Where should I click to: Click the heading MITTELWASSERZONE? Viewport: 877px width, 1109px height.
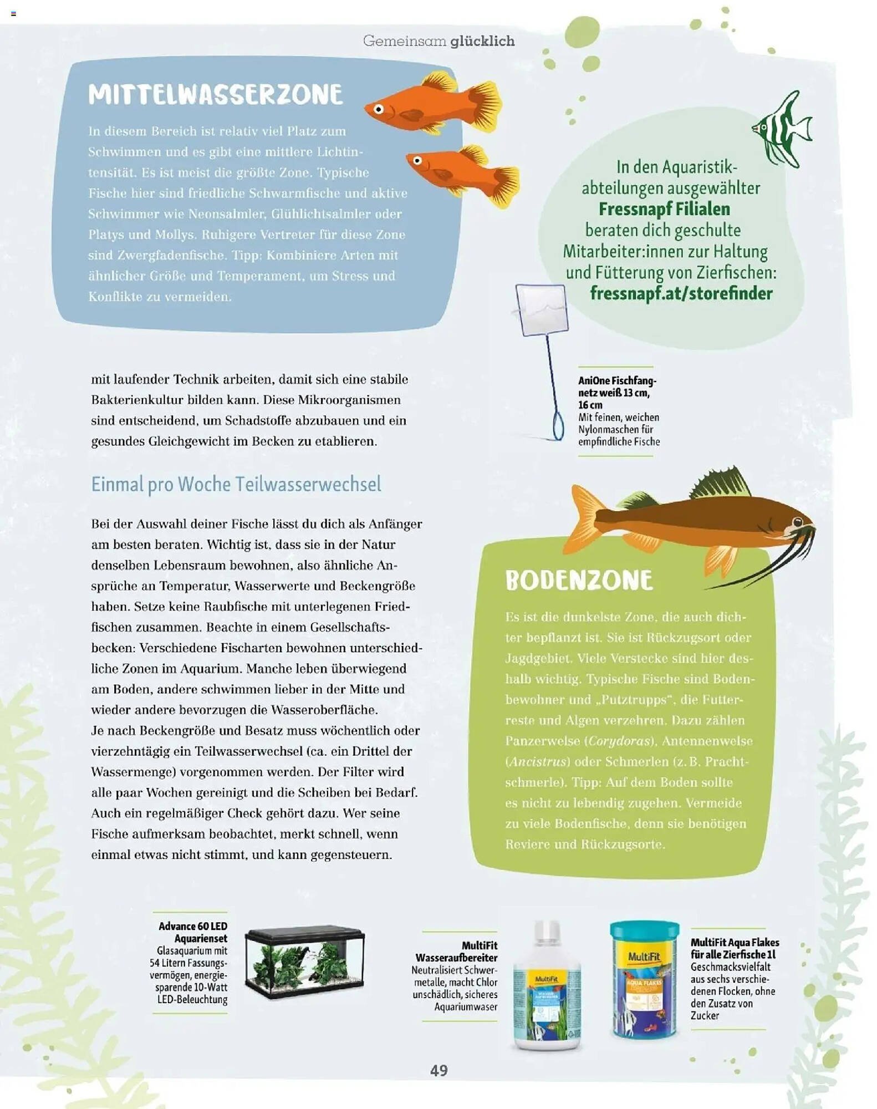[215, 95]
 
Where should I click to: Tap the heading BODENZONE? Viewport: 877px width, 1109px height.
[579, 581]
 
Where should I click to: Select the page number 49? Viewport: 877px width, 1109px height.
[438, 1070]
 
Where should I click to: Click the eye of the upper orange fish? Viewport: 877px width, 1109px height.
[379, 109]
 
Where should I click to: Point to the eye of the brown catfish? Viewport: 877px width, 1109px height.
[797, 522]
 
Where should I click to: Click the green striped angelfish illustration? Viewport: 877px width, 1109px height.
[783, 130]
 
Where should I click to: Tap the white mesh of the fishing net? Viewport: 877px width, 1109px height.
[542, 309]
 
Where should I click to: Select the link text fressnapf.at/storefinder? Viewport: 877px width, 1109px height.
[681, 293]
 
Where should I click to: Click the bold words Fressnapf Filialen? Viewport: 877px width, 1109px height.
[664, 209]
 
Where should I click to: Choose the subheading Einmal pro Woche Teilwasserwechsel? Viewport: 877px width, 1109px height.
[236, 484]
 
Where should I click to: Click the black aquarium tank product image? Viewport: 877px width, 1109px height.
[305, 962]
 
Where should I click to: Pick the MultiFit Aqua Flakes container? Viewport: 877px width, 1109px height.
[644, 979]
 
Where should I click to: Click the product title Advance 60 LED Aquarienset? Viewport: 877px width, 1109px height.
[193, 932]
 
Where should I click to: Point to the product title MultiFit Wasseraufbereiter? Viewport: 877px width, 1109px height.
[457, 952]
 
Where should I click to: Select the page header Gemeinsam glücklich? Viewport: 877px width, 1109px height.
[438, 41]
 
